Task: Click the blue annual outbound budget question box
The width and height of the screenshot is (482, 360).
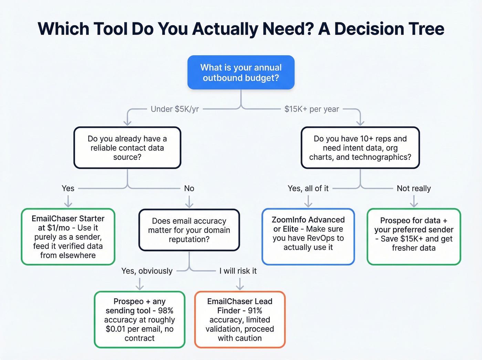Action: [x=241, y=72]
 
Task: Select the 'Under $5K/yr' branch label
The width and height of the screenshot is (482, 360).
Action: [x=175, y=109]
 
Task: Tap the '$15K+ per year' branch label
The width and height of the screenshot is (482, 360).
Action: [x=312, y=109]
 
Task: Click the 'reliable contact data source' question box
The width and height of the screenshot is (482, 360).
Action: [x=127, y=148]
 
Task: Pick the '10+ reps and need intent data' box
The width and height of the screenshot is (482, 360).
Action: [x=360, y=148]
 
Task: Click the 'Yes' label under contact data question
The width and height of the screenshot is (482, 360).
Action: [x=68, y=188]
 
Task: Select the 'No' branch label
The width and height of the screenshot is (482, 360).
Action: [x=189, y=188]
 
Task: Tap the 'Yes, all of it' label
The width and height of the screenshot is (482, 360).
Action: [x=308, y=188]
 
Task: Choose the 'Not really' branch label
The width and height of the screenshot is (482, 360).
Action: [x=413, y=188]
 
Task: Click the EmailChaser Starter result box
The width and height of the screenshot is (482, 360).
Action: [x=68, y=237]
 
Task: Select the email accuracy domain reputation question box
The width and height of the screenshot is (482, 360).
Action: [x=189, y=230]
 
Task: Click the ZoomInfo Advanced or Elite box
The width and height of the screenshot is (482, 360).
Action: [x=308, y=237]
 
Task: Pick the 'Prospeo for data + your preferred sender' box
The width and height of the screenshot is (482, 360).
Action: [x=413, y=237]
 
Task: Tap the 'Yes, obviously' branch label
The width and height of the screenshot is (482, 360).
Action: [x=147, y=271]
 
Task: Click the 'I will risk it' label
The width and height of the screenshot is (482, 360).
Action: [x=238, y=271]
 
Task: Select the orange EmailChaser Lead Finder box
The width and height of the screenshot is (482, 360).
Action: [x=240, y=320]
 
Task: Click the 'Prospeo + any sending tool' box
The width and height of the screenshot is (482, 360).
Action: [x=139, y=320]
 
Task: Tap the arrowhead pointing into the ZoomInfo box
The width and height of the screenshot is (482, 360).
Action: [x=308, y=205]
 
